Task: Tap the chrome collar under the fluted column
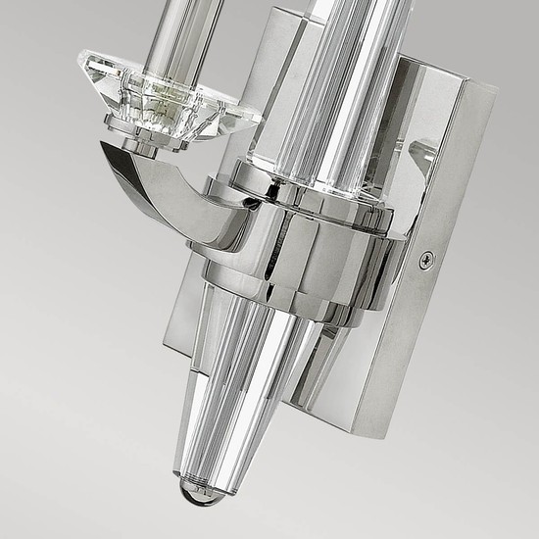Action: pos(304,177)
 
